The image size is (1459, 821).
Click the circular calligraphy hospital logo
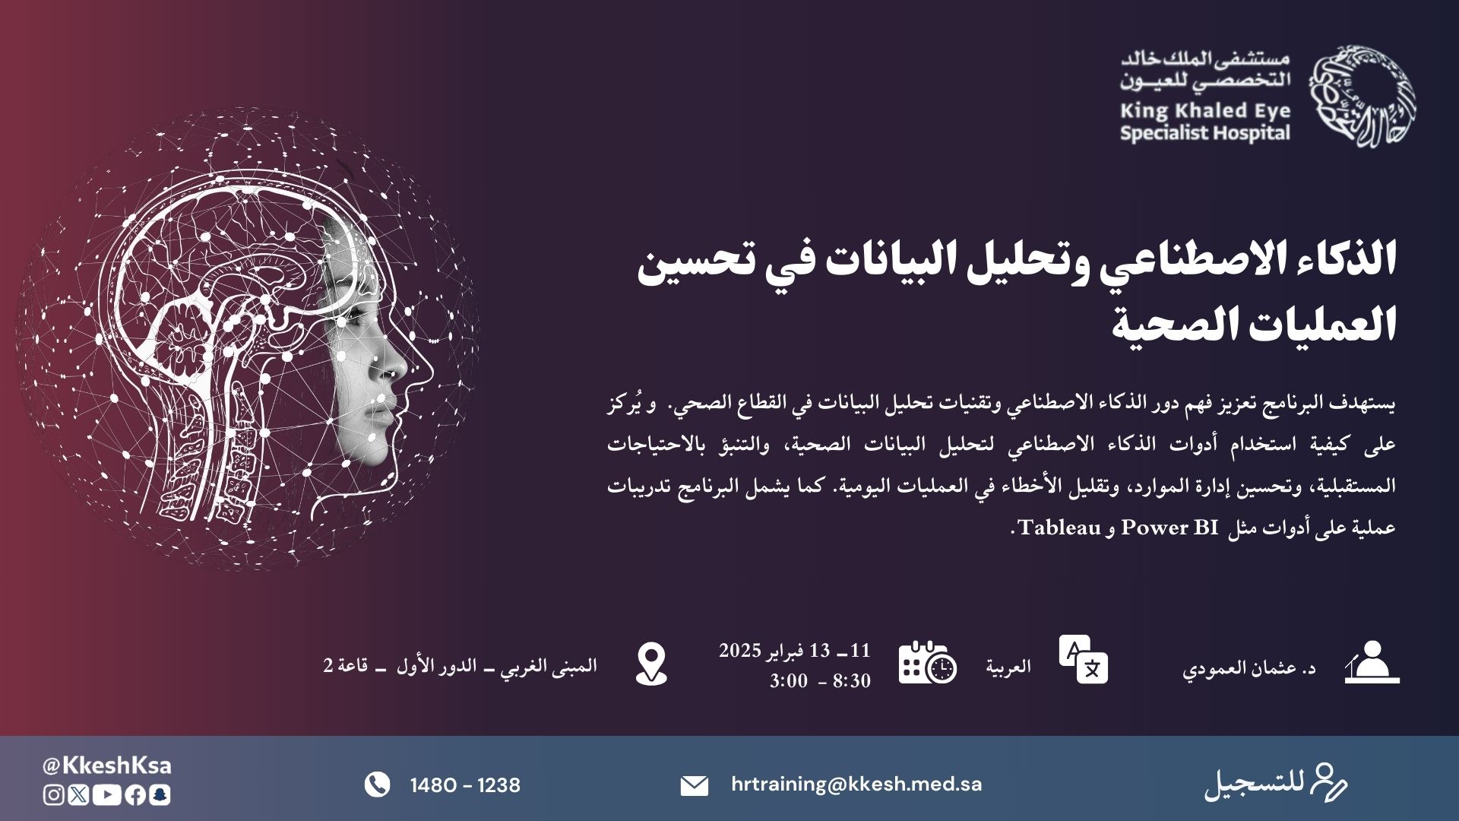[1361, 97]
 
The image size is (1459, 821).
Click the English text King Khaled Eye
[1205, 111]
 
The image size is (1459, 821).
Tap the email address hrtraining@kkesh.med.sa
[856, 784]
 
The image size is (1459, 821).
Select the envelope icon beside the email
[694, 786]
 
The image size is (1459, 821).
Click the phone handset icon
[377, 785]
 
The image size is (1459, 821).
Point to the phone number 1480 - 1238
[465, 785]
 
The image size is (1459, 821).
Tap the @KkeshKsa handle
[107, 766]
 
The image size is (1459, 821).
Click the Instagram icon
[54, 795]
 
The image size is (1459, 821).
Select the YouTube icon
[107, 795]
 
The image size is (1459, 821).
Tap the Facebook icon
[135, 795]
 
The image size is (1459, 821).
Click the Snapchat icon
[160, 795]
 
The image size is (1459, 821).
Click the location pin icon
[651, 664]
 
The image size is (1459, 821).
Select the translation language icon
[1084, 659]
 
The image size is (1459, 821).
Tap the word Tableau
[1060, 527]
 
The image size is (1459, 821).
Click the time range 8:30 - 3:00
[820, 680]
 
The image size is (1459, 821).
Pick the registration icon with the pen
[1328, 784]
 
